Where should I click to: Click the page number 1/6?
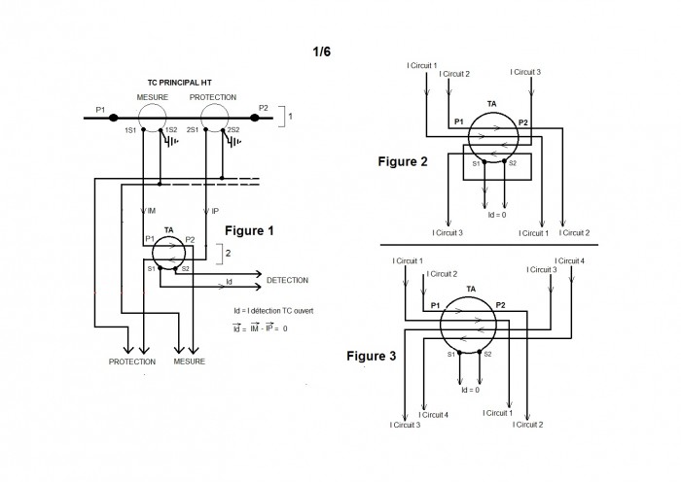[321, 52]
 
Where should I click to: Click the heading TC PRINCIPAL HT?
[179, 83]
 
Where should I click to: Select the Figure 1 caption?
[249, 231]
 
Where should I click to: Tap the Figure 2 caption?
[403, 162]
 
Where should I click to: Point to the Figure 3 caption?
[372, 357]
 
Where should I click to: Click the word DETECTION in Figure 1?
[288, 280]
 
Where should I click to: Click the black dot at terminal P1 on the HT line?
[114, 118]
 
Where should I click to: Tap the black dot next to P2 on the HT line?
[255, 118]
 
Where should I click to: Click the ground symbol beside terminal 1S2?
[170, 140]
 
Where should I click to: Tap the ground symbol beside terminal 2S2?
[233, 141]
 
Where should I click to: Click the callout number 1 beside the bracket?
[290, 117]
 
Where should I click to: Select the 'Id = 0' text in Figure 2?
[497, 215]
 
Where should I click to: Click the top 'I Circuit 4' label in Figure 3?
[569, 260]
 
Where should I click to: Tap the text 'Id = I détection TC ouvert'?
[273, 311]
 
